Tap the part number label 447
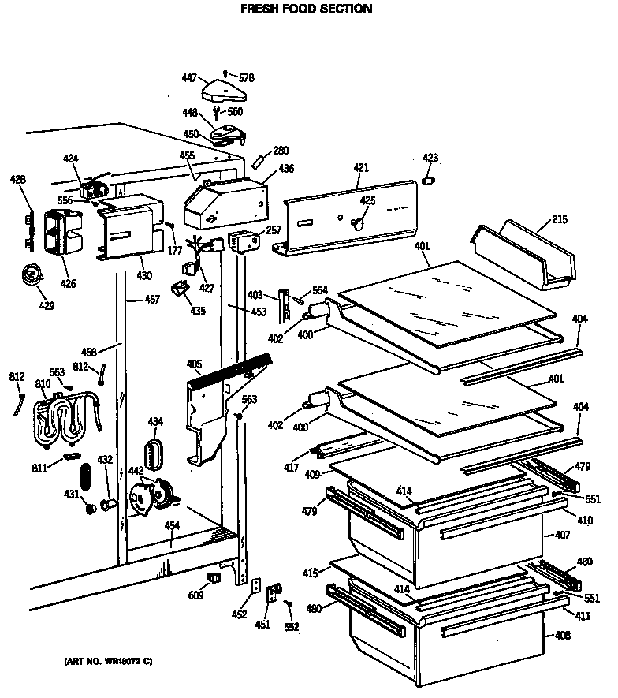[189, 77]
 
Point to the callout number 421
[360, 169]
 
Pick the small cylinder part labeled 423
[430, 182]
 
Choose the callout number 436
[286, 169]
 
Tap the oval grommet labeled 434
[154, 454]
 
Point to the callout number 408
[561, 635]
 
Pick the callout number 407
[561, 536]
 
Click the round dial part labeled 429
[32, 274]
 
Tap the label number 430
[144, 275]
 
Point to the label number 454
[171, 526]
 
